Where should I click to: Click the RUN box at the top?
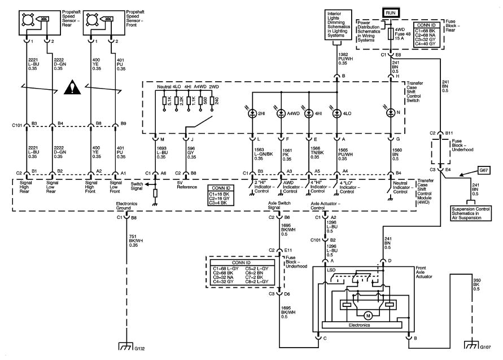391,12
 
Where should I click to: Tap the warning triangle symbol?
72,87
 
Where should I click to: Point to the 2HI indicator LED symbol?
252,113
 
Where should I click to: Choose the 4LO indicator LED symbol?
336,113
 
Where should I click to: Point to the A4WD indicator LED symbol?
281,113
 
